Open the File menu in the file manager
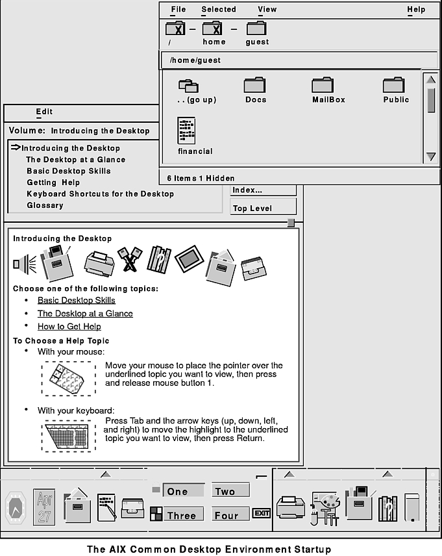click(x=177, y=10)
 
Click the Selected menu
click(x=218, y=10)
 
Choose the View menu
click(x=267, y=10)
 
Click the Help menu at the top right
click(x=416, y=10)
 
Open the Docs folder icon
click(x=255, y=85)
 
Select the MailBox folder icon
click(x=323, y=85)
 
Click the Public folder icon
click(x=393, y=85)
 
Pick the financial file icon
click(x=186, y=131)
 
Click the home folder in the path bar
click(x=214, y=29)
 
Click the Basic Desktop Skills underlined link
click(x=76, y=300)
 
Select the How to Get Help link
click(x=69, y=326)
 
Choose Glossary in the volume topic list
click(x=45, y=205)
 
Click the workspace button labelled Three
click(x=181, y=515)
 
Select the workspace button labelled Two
click(x=225, y=492)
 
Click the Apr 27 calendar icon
click(x=44, y=507)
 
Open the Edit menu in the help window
click(x=44, y=112)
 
